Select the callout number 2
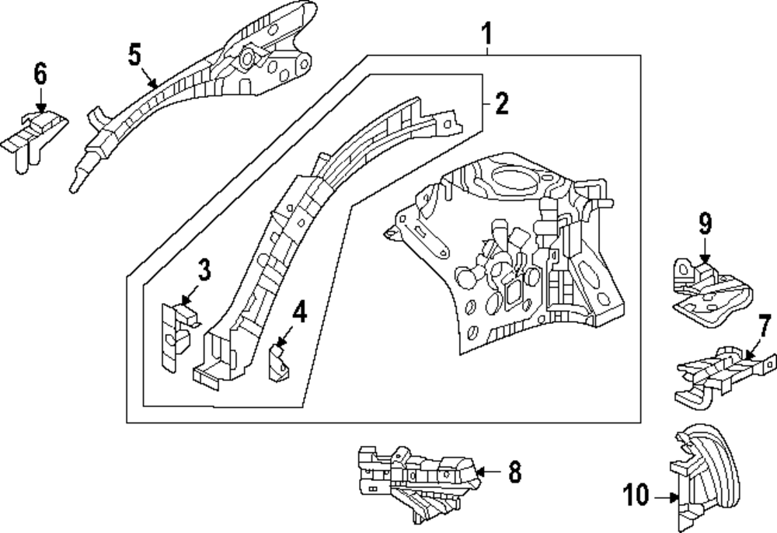coord(501,103)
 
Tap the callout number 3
coord(204,270)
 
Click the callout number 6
coord(40,74)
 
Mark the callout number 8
coord(515,472)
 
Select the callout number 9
coord(706,224)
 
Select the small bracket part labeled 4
coord(280,364)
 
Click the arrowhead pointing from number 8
coord(479,472)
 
